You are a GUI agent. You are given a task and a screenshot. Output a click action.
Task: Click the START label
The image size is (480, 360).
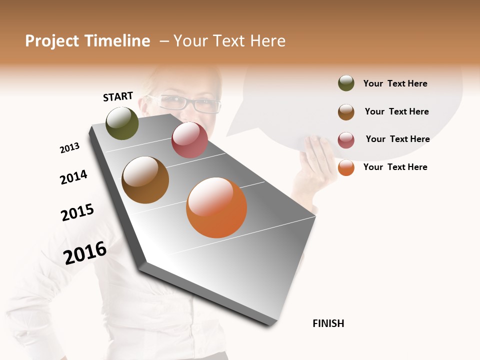pos(118,96)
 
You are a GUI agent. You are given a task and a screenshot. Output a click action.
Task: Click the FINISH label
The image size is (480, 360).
pos(328,323)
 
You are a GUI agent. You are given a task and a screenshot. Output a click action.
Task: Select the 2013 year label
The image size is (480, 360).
pos(69,148)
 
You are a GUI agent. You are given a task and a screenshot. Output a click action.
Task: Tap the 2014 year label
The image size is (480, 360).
pos(73,177)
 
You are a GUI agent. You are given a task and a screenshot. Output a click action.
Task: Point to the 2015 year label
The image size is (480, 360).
pos(77,212)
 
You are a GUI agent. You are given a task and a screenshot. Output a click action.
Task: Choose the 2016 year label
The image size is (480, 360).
pos(85,252)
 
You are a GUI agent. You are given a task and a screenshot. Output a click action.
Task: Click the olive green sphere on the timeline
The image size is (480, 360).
pos(122,123)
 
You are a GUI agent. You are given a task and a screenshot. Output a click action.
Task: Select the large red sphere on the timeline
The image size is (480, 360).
pos(189,140)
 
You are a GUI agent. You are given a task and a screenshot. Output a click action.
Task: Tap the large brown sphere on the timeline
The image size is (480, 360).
pos(145,180)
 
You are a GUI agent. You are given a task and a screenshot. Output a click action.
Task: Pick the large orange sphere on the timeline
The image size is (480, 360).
pos(216,207)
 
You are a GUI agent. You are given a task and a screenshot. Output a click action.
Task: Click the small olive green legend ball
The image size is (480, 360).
pos(346,83)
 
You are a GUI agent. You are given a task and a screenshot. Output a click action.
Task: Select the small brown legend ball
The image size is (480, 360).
pos(346,112)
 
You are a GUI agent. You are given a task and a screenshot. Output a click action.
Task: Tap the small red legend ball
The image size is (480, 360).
pos(346,140)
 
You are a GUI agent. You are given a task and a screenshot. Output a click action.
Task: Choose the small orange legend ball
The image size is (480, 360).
pos(346,167)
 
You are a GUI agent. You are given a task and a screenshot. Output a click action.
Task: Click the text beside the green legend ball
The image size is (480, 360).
pos(395,83)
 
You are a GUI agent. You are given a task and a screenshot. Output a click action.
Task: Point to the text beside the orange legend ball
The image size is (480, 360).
pos(395,167)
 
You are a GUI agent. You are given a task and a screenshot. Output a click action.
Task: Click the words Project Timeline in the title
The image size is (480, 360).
pos(87,41)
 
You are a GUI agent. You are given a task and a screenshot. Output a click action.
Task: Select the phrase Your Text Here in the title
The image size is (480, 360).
pos(229,41)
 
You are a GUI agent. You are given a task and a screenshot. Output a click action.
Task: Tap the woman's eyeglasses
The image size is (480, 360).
pos(192,104)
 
